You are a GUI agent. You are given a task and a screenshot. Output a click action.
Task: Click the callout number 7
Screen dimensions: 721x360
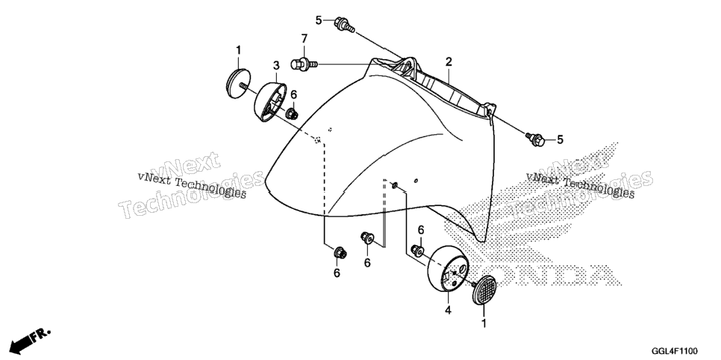click(304, 39)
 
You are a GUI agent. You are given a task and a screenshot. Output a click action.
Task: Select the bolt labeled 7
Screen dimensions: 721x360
click(304, 64)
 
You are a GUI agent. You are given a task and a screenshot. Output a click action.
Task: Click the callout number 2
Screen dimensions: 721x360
click(449, 62)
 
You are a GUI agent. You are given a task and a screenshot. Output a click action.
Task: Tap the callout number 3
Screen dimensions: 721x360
click(276, 66)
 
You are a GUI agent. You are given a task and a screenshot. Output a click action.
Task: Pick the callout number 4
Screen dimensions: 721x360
click(447, 311)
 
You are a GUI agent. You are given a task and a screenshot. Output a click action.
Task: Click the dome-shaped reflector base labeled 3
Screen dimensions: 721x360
click(269, 102)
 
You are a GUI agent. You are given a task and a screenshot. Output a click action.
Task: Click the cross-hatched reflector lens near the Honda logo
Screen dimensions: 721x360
click(484, 290)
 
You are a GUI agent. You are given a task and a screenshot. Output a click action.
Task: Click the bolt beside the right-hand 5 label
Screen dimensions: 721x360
click(535, 139)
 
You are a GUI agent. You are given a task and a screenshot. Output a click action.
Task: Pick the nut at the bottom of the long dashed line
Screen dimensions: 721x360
click(340, 252)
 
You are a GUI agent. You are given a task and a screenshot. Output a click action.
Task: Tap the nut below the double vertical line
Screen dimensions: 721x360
click(367, 238)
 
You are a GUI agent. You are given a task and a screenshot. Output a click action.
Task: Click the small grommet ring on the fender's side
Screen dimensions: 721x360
click(394, 185)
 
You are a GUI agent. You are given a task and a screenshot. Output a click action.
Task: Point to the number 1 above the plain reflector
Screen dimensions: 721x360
click(238, 49)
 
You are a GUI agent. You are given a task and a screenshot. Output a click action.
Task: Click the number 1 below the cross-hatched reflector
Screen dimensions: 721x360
click(484, 323)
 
